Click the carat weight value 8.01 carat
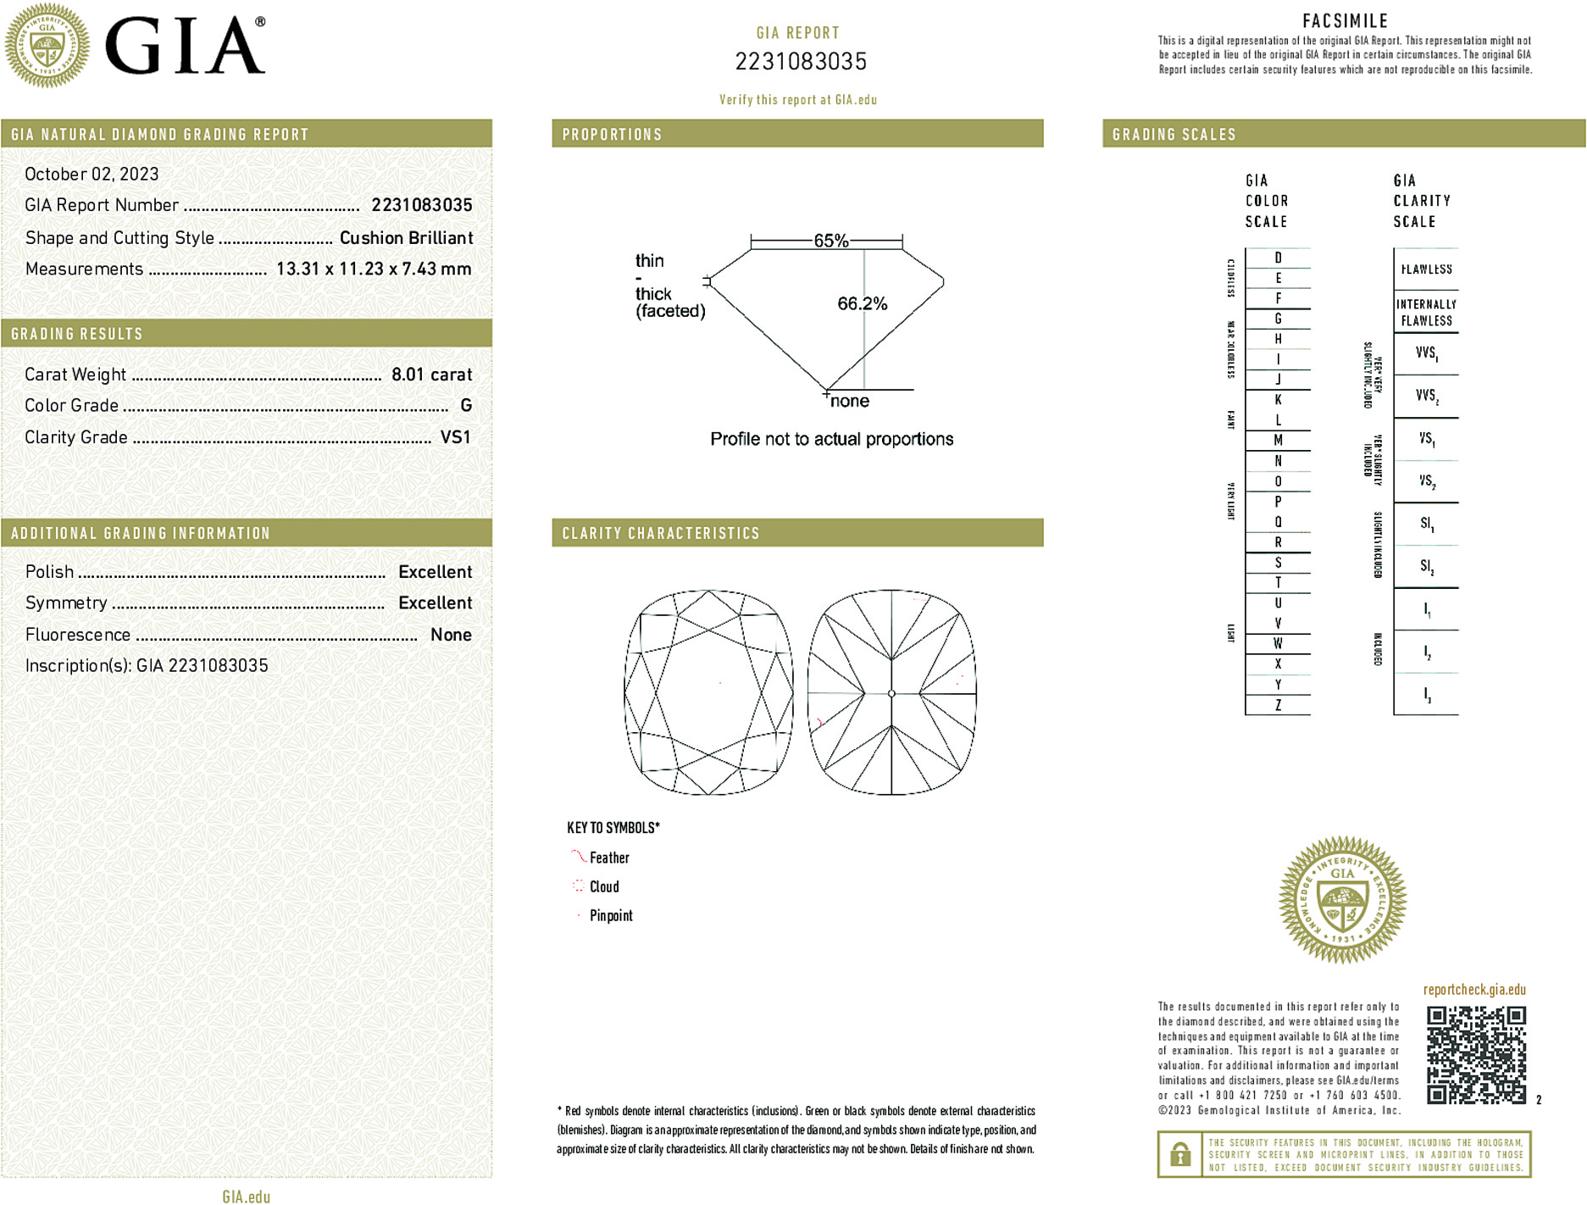click(x=431, y=375)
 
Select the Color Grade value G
click(x=466, y=406)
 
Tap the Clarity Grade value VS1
click(x=455, y=437)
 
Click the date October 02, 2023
click(x=92, y=174)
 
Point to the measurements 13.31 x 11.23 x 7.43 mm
click(x=374, y=269)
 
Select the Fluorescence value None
click(x=451, y=635)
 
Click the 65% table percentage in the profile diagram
click(x=830, y=241)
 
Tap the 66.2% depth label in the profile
click(x=862, y=303)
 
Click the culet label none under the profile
click(x=850, y=401)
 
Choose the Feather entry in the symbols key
click(x=609, y=858)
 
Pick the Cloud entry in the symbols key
click(x=604, y=886)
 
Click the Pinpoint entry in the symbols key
click(x=611, y=915)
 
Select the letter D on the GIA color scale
click(x=1278, y=258)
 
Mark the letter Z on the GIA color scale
click(x=1278, y=705)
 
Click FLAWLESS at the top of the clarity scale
click(x=1426, y=269)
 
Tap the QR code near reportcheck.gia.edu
click(x=1476, y=1054)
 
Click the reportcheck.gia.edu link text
click(x=1474, y=990)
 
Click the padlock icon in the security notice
click(x=1179, y=1154)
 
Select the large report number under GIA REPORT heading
click(x=801, y=62)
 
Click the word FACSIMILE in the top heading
click(x=1345, y=21)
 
